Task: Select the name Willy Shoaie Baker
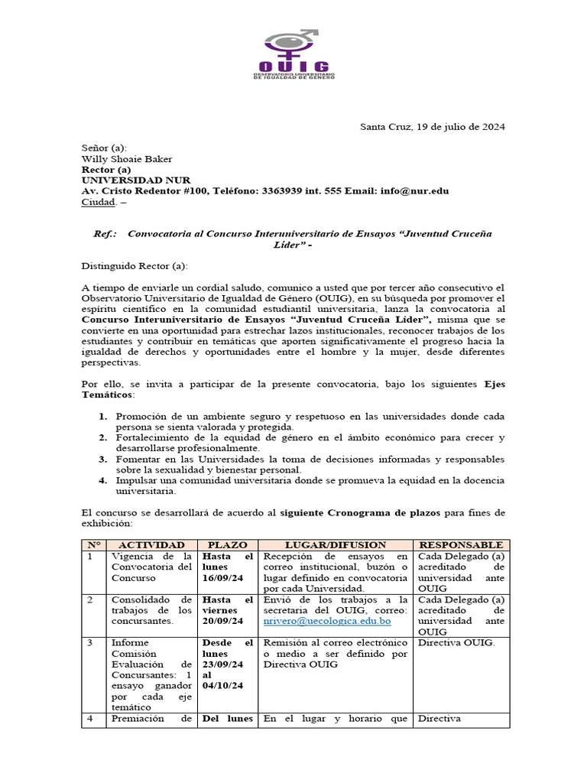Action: click(126, 159)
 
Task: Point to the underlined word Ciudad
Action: click(99, 202)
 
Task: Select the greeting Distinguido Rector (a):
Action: click(134, 265)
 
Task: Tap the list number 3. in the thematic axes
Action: click(103, 459)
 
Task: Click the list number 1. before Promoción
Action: click(103, 416)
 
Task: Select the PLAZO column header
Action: click(227, 544)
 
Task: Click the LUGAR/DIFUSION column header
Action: click(336, 544)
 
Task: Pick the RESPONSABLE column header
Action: click(461, 544)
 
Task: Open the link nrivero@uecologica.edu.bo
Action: click(326, 622)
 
